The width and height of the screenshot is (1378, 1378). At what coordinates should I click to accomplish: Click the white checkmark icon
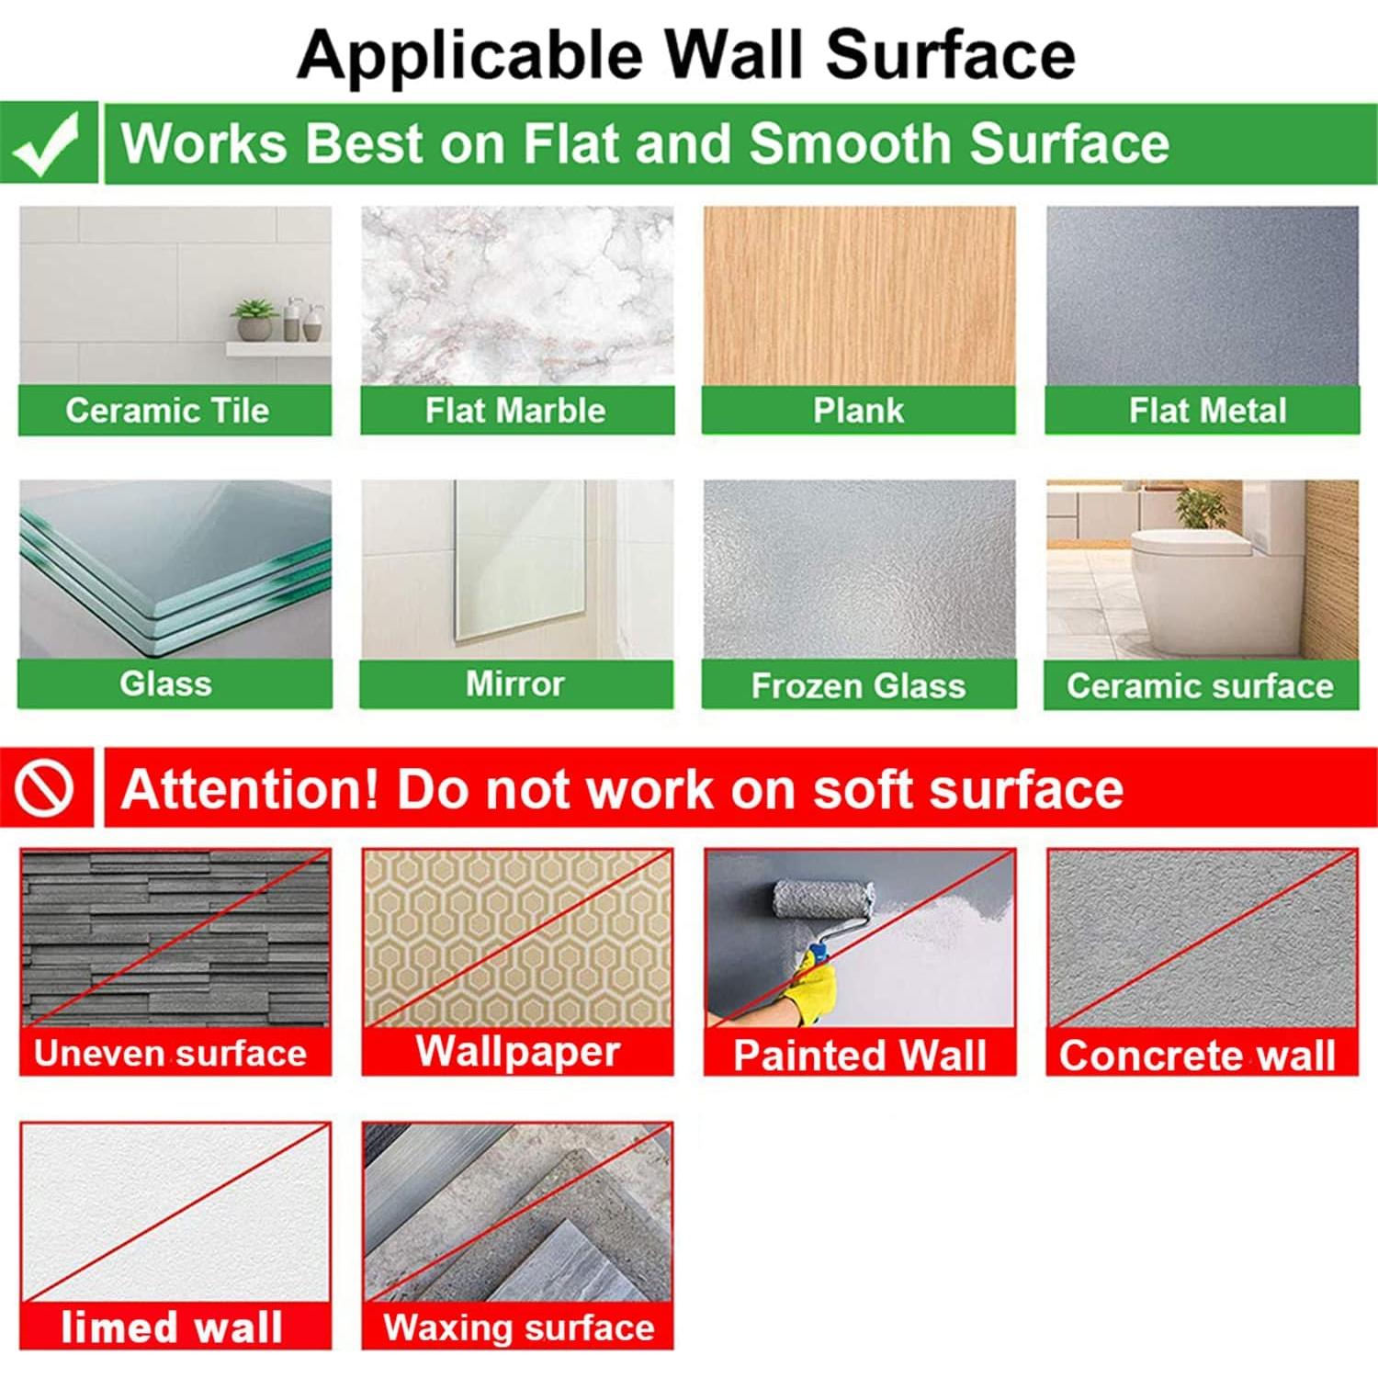coord(46,143)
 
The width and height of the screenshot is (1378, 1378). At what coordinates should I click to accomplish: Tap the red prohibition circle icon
coord(44,788)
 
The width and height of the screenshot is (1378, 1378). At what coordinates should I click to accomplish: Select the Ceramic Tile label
coord(167,411)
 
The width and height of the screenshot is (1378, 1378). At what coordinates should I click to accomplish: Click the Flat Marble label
coord(515,411)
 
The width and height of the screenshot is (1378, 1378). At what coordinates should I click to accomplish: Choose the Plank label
coord(858,411)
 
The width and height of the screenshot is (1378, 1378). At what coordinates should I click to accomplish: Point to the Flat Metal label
coord(1207,411)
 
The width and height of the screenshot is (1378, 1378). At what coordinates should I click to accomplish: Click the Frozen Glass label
coord(858,685)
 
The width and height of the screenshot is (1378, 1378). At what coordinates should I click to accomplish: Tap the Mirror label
coord(514,683)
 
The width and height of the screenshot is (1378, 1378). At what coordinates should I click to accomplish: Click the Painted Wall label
coord(860,1055)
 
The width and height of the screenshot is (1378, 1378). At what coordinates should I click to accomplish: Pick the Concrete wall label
coord(1197,1055)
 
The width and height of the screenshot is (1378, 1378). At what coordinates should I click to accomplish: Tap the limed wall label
coord(172,1327)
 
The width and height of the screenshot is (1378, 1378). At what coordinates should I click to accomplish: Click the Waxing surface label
coord(519,1327)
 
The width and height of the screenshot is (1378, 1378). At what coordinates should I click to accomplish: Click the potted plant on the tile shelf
coord(254,320)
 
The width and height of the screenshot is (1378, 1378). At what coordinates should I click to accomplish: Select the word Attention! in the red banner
coord(250,789)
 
